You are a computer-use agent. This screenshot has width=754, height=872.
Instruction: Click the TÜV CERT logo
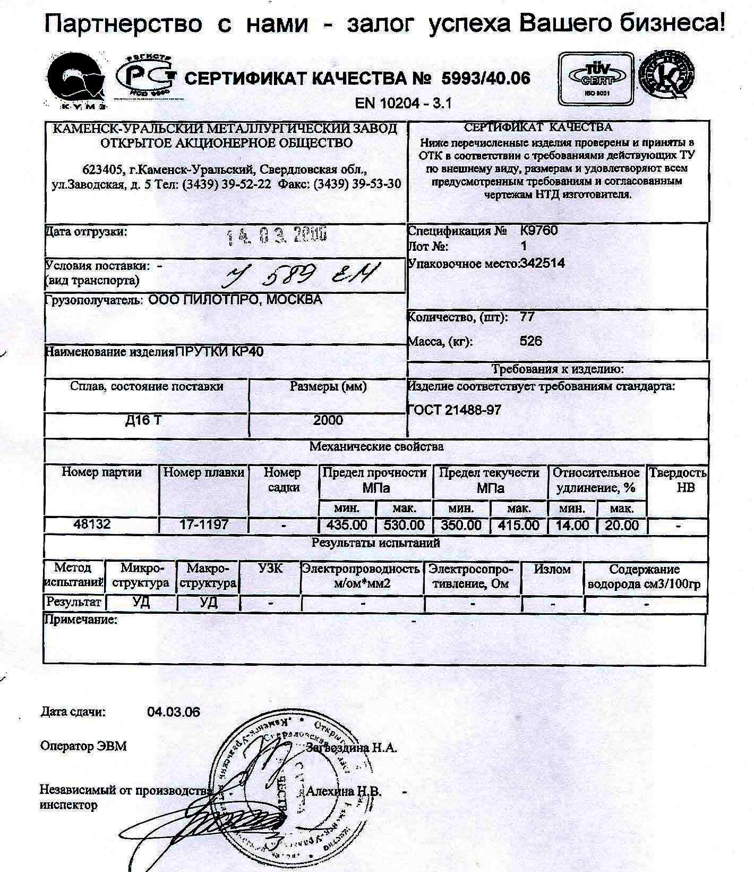coord(596,79)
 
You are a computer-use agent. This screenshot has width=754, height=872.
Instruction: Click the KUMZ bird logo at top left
coord(75,80)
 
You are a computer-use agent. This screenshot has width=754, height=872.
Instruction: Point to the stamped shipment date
coord(276,235)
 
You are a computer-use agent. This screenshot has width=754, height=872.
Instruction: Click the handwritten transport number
coord(303,275)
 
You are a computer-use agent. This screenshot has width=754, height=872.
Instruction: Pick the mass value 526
coord(531,341)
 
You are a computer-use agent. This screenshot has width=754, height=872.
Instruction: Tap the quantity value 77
coord(527,317)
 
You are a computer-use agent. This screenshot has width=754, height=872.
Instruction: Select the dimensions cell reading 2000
coord(328,420)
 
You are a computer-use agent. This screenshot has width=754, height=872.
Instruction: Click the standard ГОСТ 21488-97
coord(455,410)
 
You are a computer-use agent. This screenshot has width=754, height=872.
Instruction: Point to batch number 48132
coord(92,524)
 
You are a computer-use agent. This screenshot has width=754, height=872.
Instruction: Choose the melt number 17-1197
coord(204,524)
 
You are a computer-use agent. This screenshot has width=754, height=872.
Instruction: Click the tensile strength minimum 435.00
coord(347,526)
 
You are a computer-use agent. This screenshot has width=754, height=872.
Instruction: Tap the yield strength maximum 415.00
coord(519,526)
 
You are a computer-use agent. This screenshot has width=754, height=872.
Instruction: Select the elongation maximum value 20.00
coord(622,526)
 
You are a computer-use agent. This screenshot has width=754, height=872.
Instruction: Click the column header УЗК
coord(270,569)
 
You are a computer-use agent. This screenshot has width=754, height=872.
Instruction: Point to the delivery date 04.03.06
coord(174,712)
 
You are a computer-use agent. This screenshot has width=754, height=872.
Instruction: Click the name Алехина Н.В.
coord(344,791)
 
